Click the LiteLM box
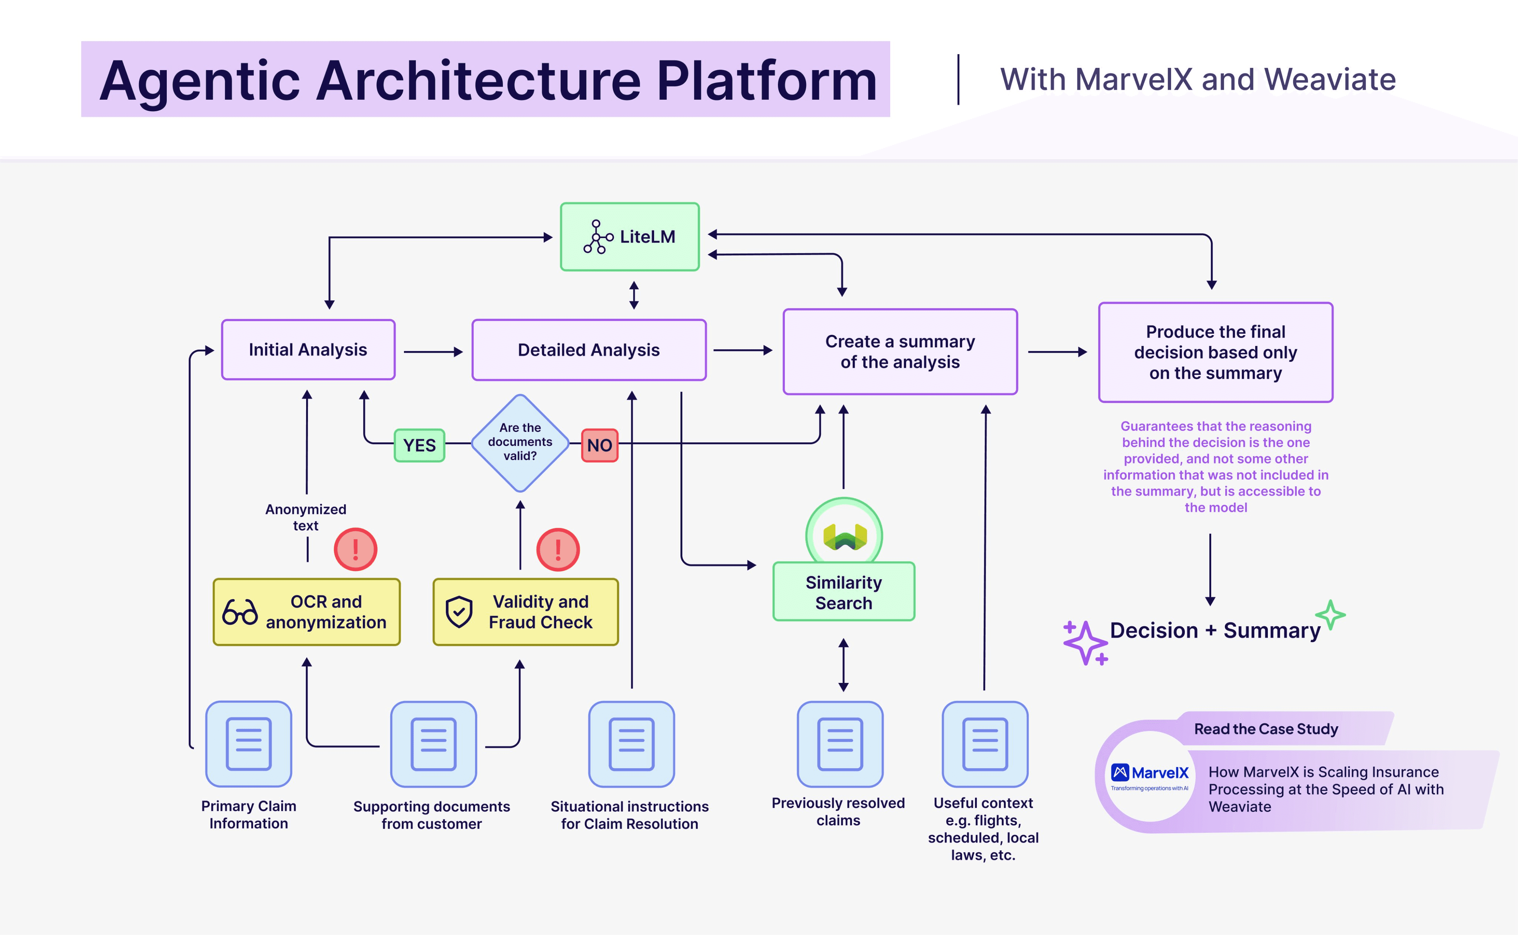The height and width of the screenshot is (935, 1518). point(629,237)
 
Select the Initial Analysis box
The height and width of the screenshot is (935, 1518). point(308,350)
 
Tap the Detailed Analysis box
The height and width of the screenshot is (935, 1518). point(589,350)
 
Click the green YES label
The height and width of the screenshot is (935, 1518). point(420,445)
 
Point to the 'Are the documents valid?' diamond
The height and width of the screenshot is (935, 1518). point(520,443)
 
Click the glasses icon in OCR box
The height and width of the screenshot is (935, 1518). point(240,612)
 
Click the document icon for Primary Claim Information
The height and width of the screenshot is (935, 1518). point(248,744)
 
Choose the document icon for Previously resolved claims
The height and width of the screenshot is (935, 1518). point(840,744)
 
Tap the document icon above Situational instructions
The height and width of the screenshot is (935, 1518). point(631,744)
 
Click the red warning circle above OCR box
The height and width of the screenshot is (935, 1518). point(355,549)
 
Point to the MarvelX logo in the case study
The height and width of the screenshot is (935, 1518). point(1150,776)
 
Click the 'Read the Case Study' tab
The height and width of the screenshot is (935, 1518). point(1266,729)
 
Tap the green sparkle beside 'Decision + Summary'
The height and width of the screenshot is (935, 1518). point(1330,615)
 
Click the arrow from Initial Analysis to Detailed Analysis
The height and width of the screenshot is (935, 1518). point(432,352)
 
